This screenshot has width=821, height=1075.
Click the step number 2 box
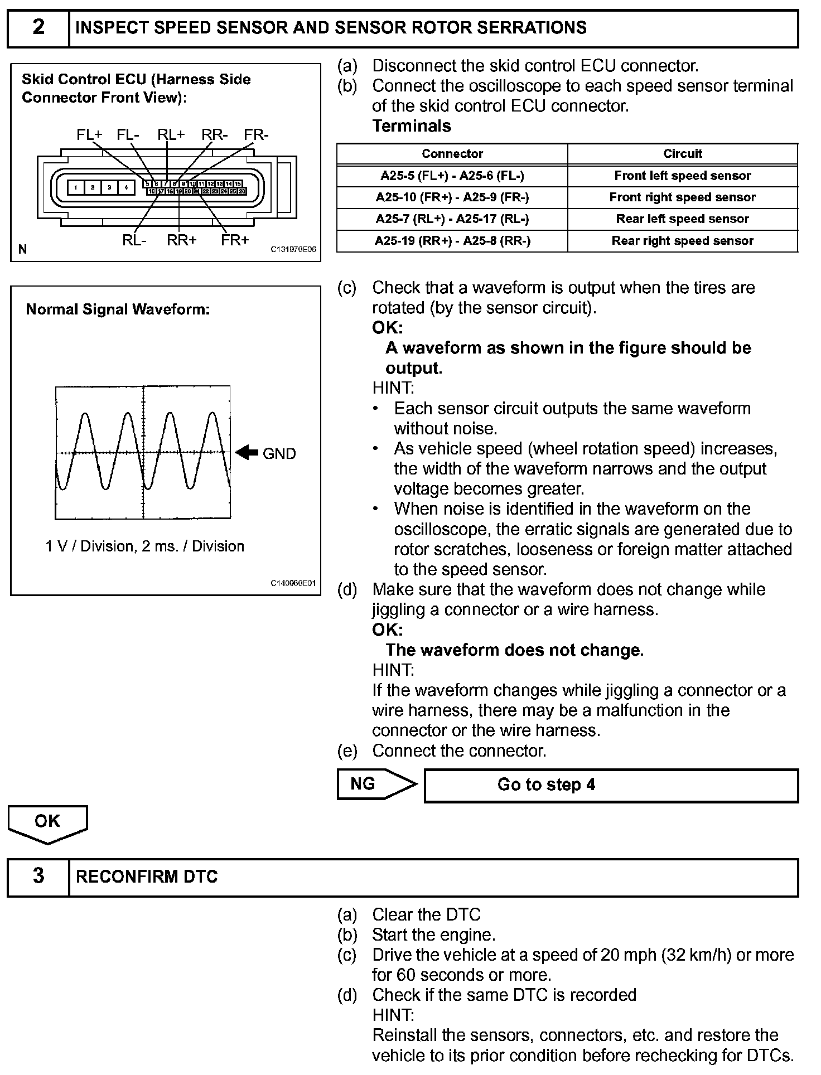click(x=38, y=27)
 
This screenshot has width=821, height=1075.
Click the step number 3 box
click(x=38, y=877)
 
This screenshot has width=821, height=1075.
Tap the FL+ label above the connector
click(x=90, y=135)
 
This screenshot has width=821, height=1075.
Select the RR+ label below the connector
click(x=182, y=240)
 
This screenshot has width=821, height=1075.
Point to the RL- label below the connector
click(x=134, y=240)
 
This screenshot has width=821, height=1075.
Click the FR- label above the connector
click(x=256, y=135)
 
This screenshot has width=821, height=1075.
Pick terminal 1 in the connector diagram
click(x=76, y=187)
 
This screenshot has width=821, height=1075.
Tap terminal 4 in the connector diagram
click(x=127, y=187)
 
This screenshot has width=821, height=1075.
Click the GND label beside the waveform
click(x=279, y=454)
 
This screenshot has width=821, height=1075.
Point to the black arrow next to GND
click(x=246, y=453)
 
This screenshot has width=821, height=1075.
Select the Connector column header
click(x=452, y=154)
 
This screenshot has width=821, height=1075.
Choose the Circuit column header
click(x=683, y=154)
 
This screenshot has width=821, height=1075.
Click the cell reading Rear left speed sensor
click(x=683, y=219)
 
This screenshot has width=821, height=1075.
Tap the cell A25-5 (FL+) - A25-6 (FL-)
click(x=452, y=176)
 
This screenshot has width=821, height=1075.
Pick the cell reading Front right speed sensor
click(x=683, y=197)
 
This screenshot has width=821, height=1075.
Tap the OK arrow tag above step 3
click(x=47, y=822)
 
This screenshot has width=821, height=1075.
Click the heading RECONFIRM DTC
click(x=147, y=877)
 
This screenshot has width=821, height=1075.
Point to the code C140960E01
click(x=293, y=583)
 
